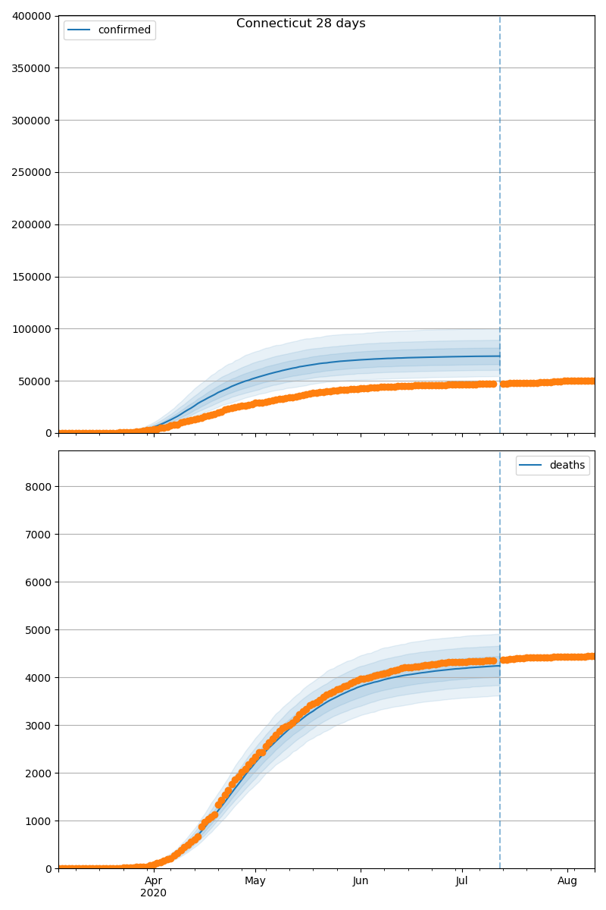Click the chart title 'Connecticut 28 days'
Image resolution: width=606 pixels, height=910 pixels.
(x=301, y=24)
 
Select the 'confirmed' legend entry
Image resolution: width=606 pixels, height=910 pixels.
(x=124, y=30)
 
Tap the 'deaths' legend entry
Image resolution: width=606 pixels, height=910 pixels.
(x=567, y=466)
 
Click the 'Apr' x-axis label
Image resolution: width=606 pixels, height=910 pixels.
(x=154, y=880)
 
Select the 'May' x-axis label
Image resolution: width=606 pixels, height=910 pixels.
(x=255, y=880)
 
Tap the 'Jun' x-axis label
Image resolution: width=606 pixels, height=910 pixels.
(x=361, y=880)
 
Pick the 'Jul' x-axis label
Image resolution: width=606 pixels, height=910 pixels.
(x=461, y=880)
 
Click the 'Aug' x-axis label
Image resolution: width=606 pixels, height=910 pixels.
(x=567, y=880)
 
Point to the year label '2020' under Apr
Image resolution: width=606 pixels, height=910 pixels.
(x=154, y=893)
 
